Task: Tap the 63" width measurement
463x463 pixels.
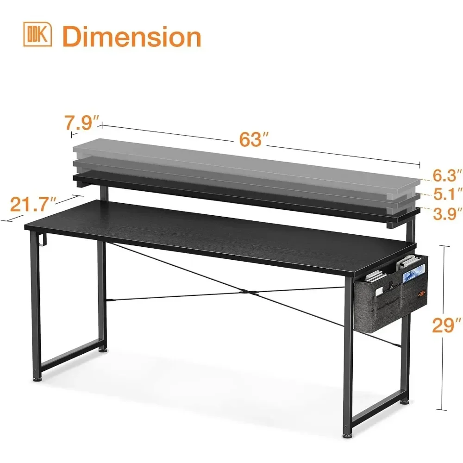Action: tap(251, 139)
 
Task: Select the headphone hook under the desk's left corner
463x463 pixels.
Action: tap(41, 241)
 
